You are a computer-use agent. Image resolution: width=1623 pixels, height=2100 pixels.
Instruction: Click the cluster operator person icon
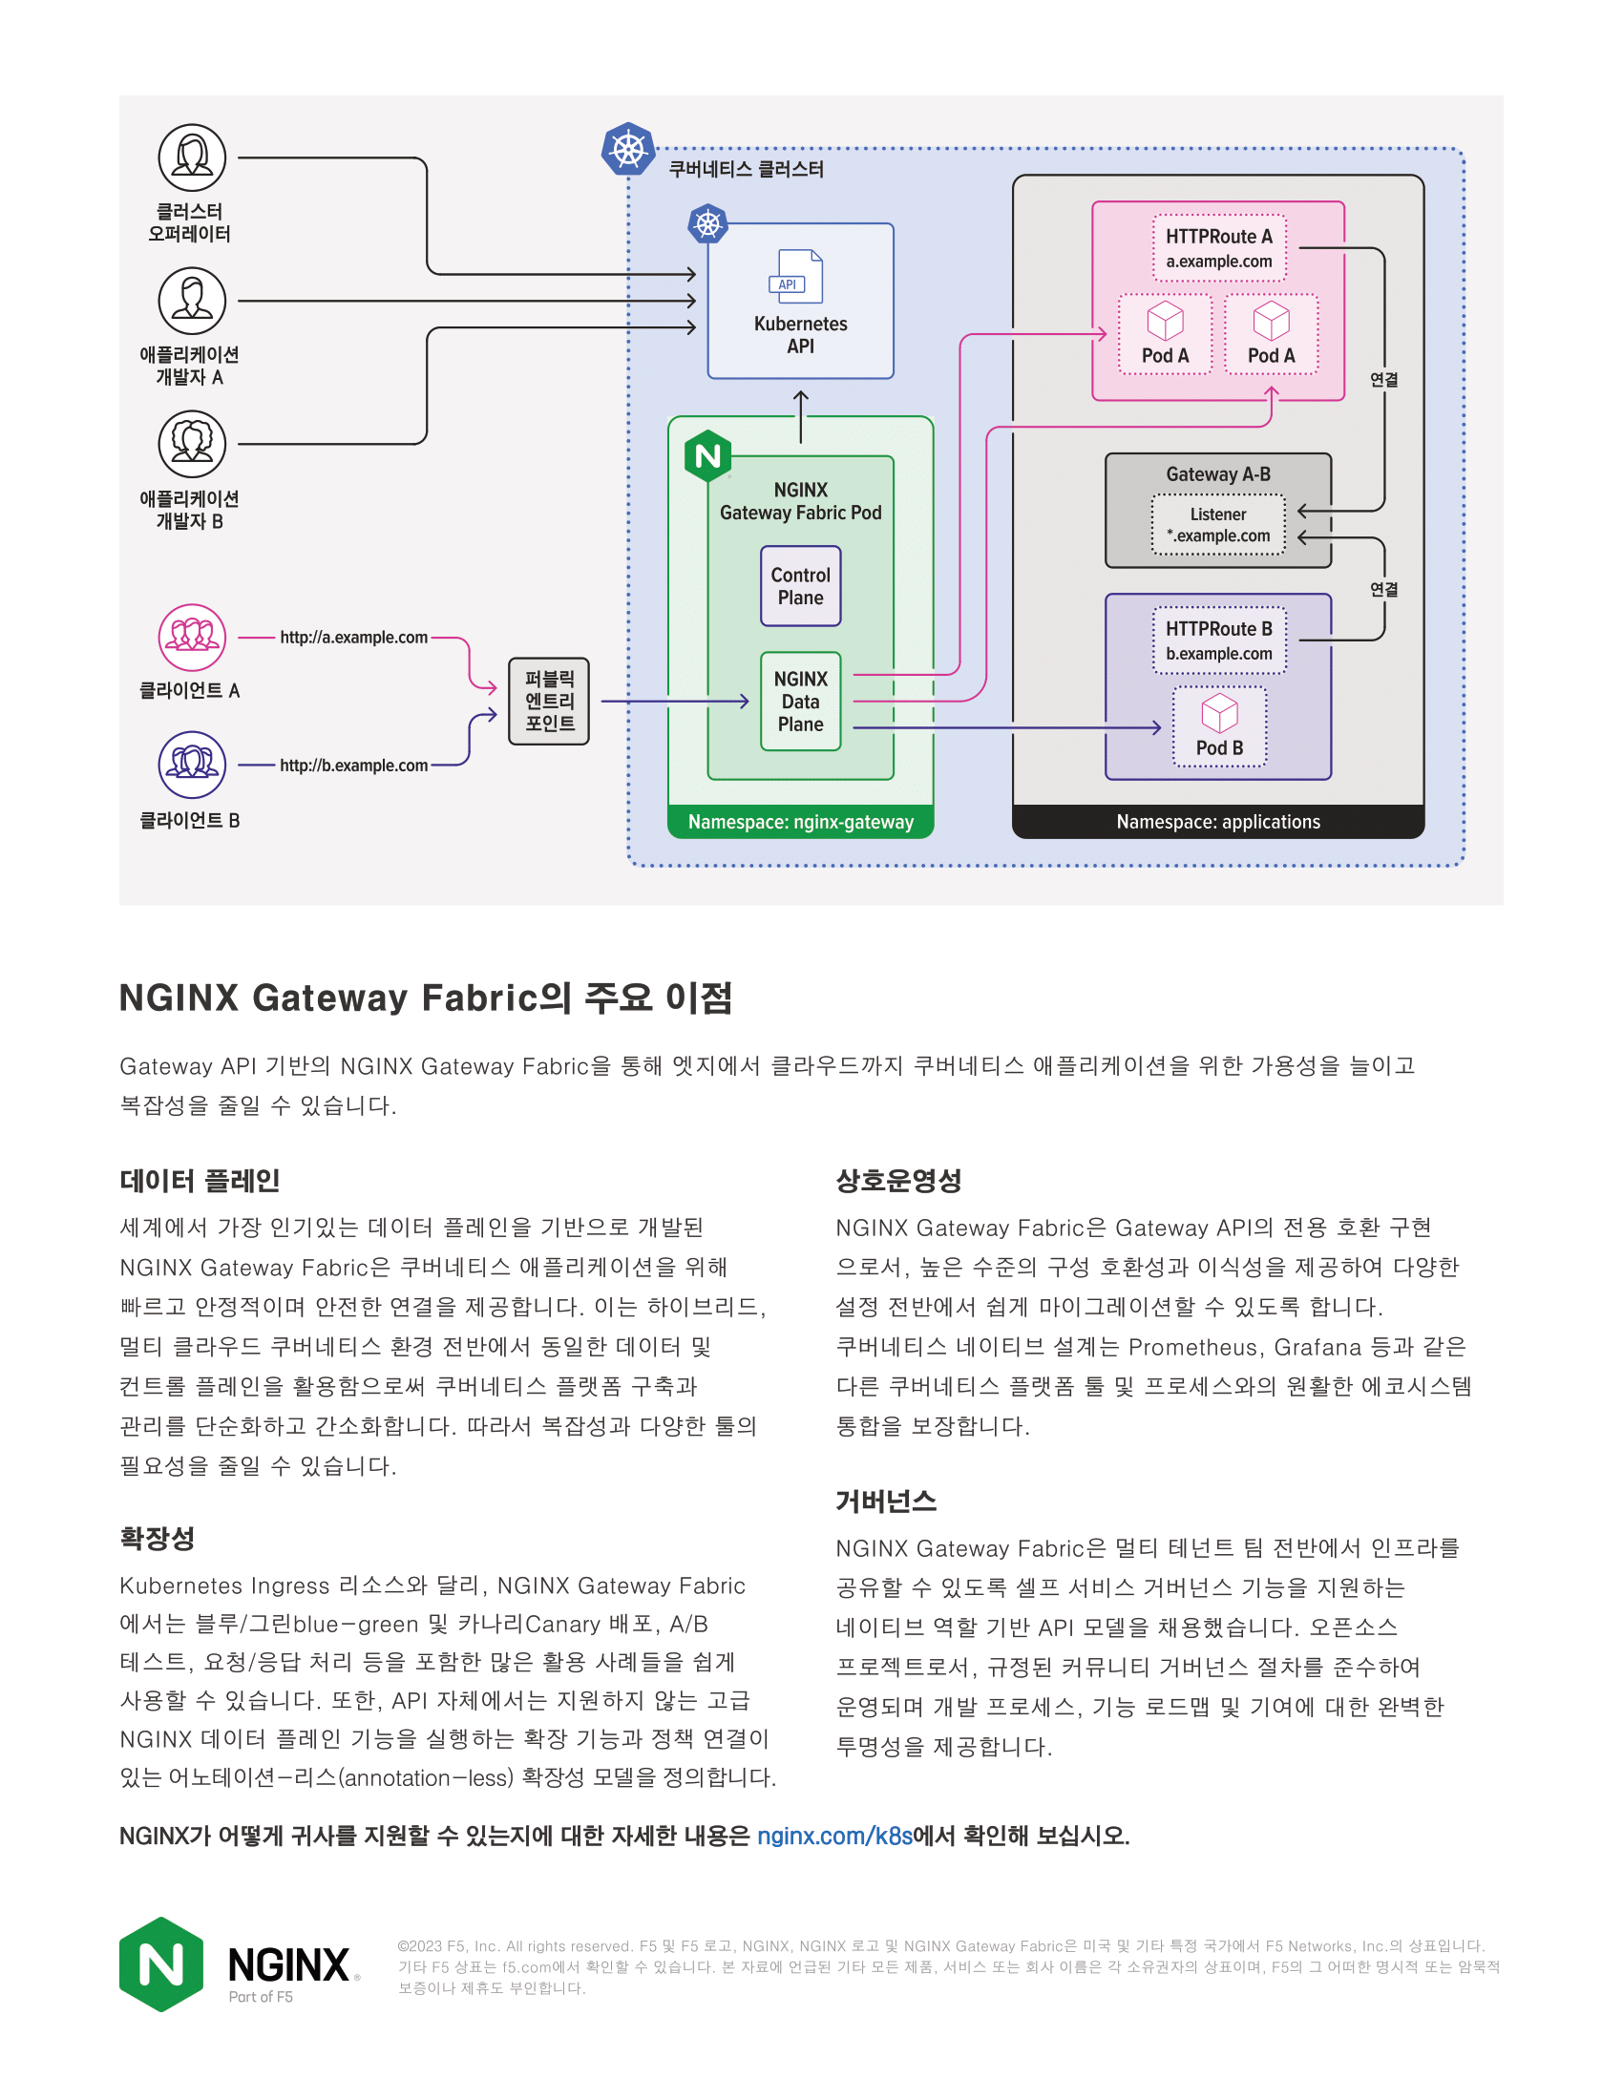(x=192, y=157)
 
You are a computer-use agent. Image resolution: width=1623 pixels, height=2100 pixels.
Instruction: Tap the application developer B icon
(x=192, y=444)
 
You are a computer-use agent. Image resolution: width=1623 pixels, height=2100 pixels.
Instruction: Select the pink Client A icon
(x=192, y=638)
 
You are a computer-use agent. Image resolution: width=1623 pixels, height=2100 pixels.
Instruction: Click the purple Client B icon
(x=192, y=766)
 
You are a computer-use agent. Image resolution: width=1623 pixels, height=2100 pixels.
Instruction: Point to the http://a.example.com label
(x=353, y=638)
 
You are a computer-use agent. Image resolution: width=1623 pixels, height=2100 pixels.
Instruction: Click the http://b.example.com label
(x=353, y=766)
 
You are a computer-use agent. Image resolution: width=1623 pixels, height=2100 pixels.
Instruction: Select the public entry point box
(x=549, y=702)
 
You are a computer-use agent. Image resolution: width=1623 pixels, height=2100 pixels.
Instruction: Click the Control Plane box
(x=800, y=586)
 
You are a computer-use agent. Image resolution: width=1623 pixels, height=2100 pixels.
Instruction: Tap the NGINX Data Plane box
(x=800, y=702)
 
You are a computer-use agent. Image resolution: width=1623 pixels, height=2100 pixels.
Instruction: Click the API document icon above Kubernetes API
(x=800, y=276)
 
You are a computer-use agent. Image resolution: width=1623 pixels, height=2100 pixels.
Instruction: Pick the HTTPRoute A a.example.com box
(x=1218, y=248)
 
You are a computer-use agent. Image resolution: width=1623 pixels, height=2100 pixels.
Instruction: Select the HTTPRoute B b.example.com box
(x=1218, y=640)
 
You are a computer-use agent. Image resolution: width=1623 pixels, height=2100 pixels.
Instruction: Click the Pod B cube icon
(x=1219, y=712)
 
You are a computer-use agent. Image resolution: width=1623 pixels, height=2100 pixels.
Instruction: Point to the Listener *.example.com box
(x=1218, y=525)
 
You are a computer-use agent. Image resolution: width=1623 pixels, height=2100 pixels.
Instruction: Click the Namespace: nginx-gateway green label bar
(x=800, y=822)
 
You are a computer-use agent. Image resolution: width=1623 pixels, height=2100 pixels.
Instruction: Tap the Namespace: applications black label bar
(x=1217, y=822)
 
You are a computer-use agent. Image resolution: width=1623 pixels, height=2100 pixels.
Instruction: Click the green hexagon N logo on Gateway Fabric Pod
(x=707, y=455)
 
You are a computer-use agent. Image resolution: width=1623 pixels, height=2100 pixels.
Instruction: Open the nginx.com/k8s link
(x=833, y=1837)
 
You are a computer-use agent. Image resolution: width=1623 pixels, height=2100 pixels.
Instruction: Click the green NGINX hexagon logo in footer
(x=161, y=1963)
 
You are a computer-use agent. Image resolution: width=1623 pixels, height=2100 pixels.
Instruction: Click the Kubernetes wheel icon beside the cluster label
(x=628, y=150)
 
